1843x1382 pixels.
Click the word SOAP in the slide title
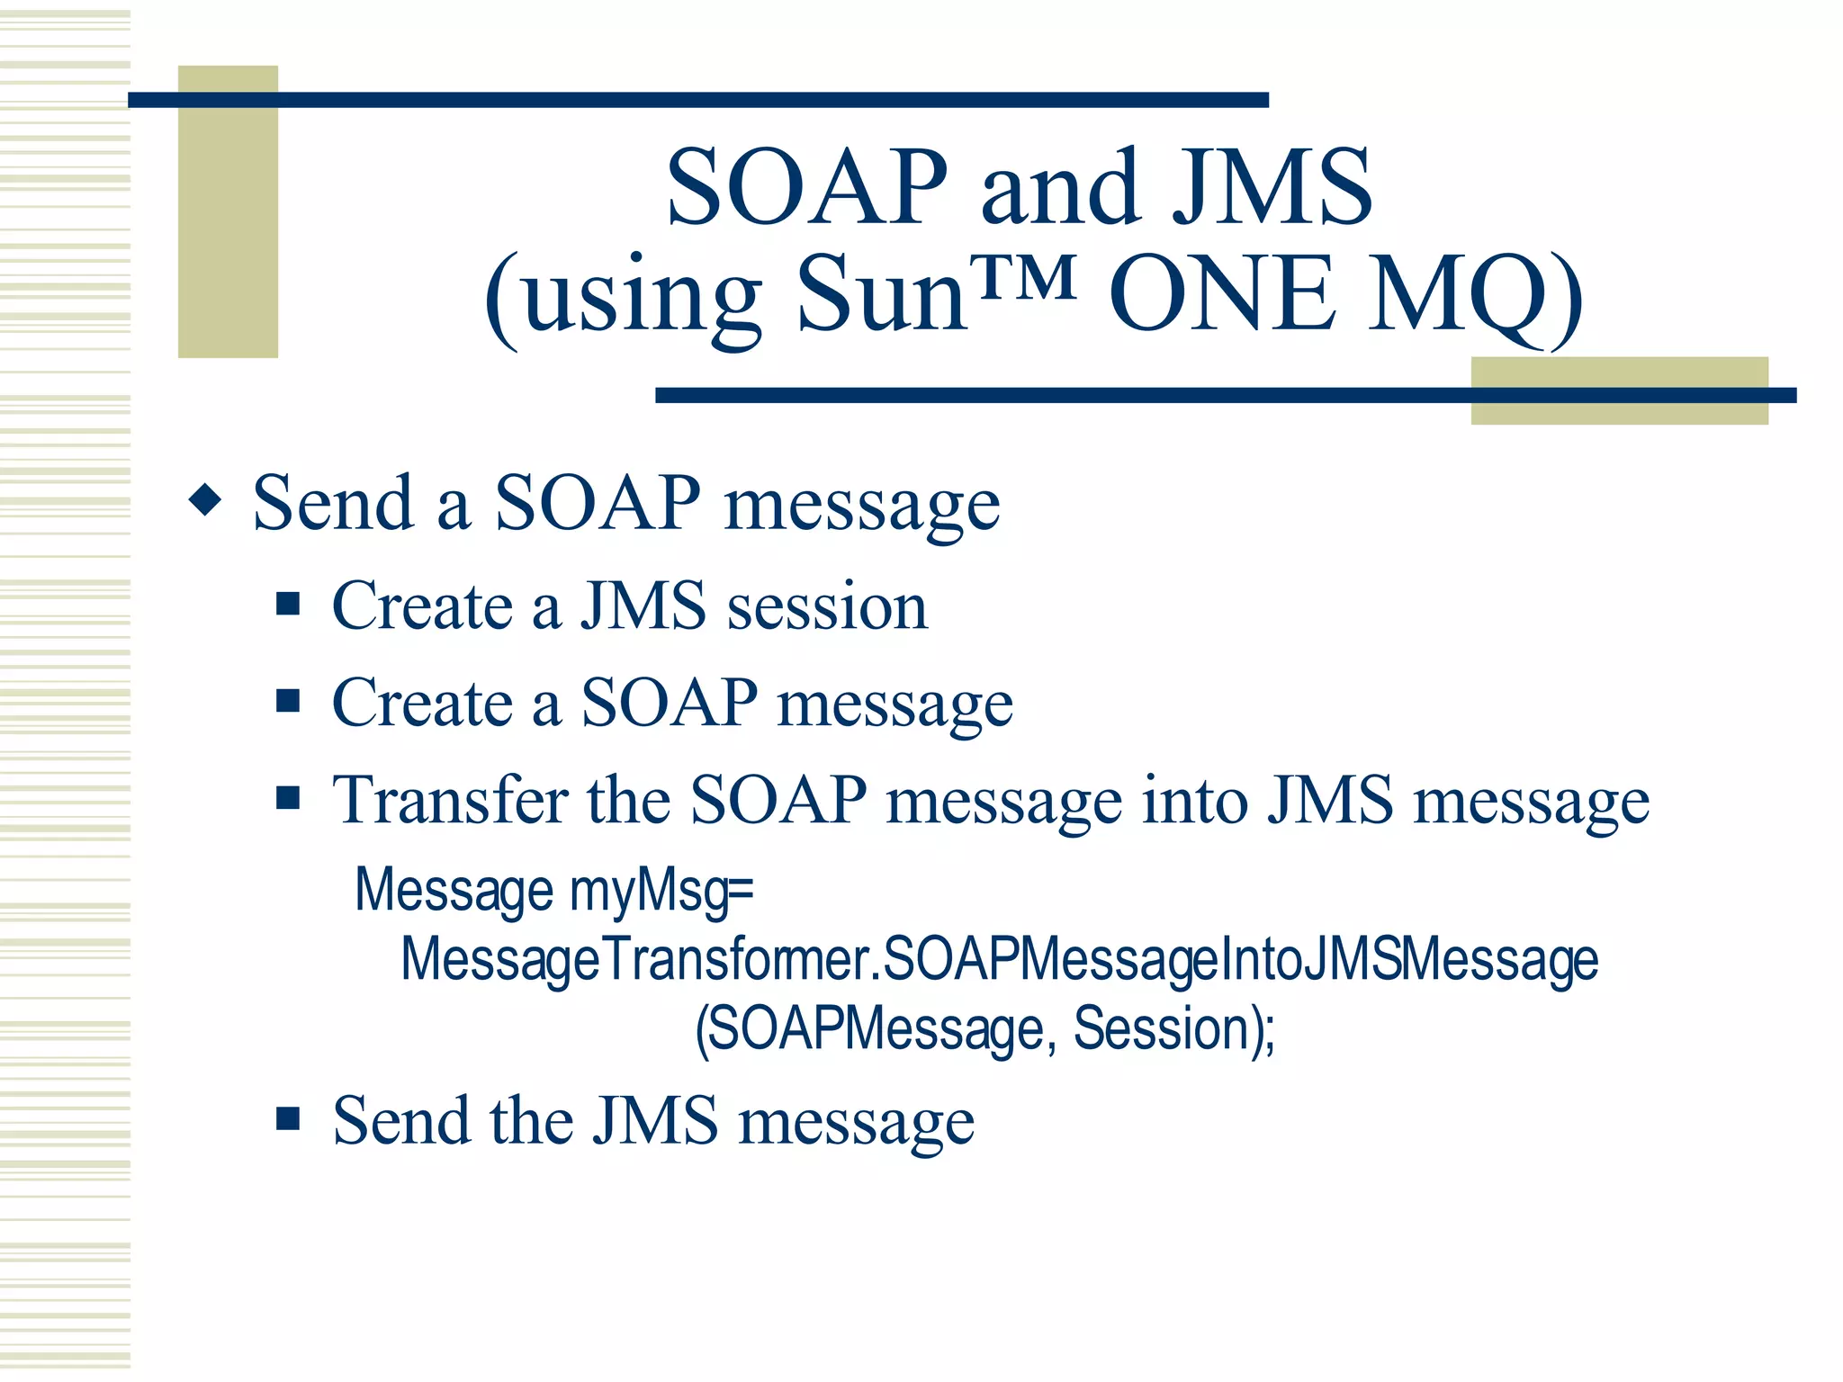pyautogui.click(x=807, y=189)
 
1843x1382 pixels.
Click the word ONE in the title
pyautogui.click(x=1222, y=296)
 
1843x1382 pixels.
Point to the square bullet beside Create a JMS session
pyautogui.click(x=288, y=603)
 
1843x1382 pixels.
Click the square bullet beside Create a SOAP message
pyautogui.click(x=288, y=700)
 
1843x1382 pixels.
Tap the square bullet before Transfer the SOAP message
pyautogui.click(x=288, y=797)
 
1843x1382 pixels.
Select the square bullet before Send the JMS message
pyautogui.click(x=288, y=1118)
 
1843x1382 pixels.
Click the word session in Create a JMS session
pyautogui.click(x=827, y=606)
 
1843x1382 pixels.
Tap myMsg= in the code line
pyautogui.click(x=661, y=891)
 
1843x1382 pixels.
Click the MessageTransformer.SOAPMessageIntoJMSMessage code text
pyautogui.click(x=999, y=960)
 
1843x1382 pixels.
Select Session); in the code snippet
pyautogui.click(x=1174, y=1029)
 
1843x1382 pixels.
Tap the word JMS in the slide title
pyautogui.click(x=1272, y=189)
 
